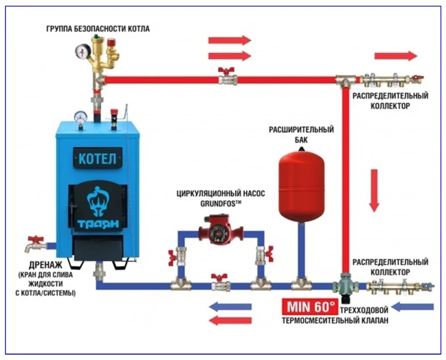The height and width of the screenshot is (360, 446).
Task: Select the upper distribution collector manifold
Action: pyautogui.click(x=391, y=81)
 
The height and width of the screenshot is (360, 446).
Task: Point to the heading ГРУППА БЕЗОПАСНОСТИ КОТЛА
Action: pyautogui.click(x=98, y=29)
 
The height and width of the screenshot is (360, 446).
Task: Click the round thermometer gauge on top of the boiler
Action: pyautogui.click(x=81, y=117)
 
